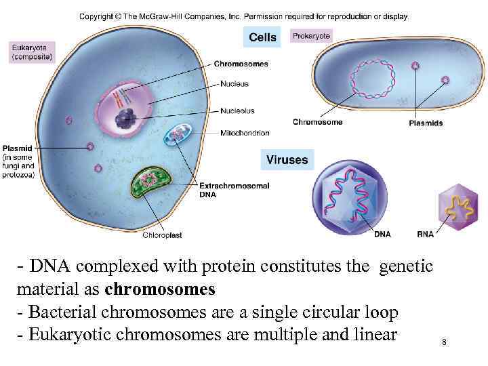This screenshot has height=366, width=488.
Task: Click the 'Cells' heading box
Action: tap(262, 37)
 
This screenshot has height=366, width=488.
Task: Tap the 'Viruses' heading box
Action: tap(287, 160)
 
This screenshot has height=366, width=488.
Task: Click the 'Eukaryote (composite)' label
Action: tap(33, 53)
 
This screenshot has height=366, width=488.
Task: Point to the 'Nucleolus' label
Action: tap(237, 110)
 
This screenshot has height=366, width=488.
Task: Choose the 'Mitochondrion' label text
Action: tap(244, 133)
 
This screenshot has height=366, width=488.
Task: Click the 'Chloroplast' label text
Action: tap(162, 235)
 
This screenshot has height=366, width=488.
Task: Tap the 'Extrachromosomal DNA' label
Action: tap(233, 189)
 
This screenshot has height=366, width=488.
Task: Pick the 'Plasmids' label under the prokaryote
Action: tap(426, 123)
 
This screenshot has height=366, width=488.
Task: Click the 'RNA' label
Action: tap(425, 235)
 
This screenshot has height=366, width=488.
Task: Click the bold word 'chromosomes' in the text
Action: tap(161, 290)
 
